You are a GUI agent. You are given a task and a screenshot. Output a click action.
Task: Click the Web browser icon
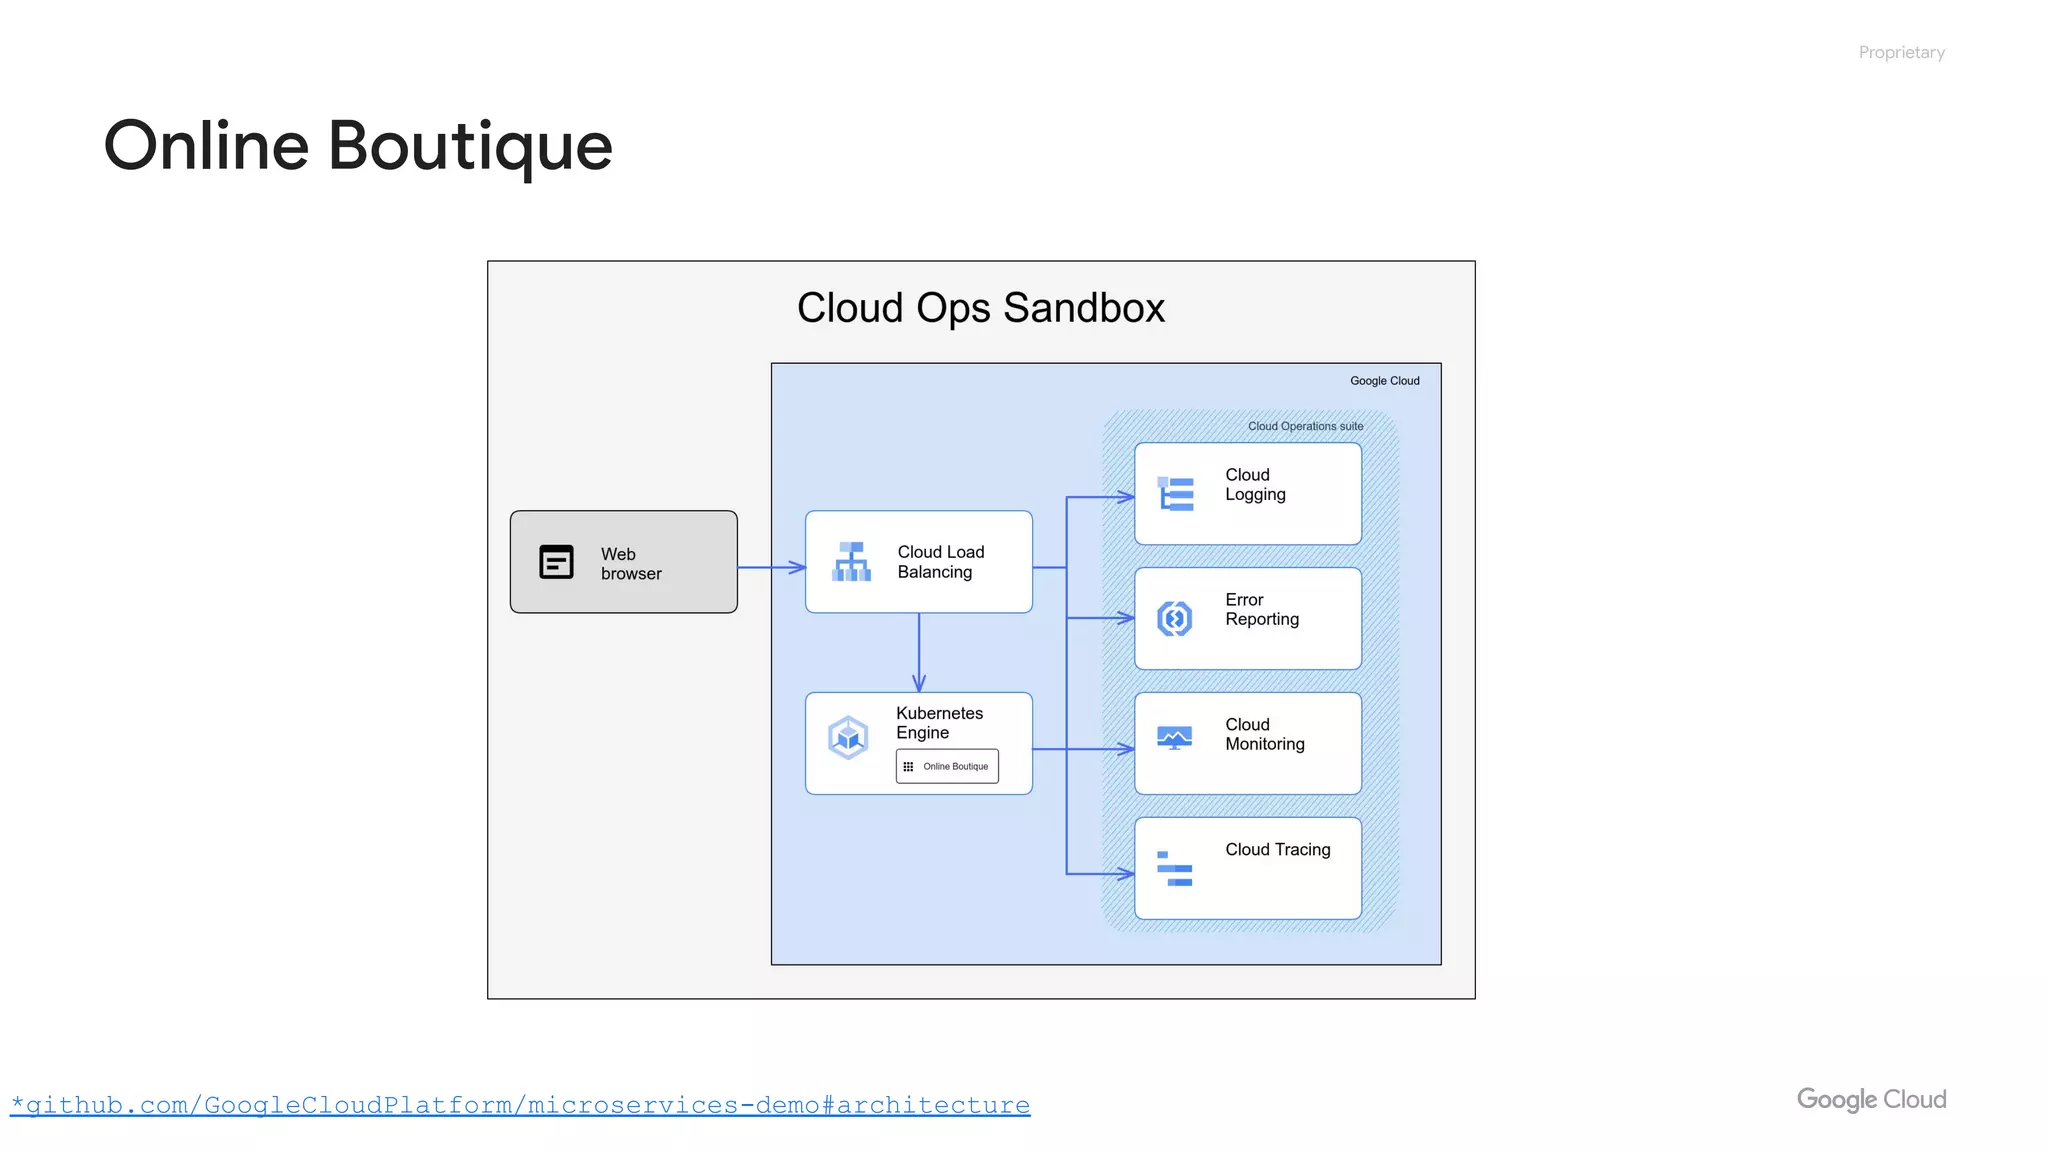coord(556,562)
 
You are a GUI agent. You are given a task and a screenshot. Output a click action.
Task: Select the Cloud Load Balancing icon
coord(851,562)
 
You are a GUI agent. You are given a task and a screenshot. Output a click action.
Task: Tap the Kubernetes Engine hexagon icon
coord(848,739)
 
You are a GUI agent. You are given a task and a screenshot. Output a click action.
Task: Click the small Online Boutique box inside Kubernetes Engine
coord(947,766)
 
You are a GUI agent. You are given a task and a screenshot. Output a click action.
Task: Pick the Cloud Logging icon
coord(1175,494)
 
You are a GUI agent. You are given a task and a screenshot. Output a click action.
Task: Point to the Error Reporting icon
coord(1175,619)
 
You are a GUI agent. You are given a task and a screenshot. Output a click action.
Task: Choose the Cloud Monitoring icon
coord(1174,739)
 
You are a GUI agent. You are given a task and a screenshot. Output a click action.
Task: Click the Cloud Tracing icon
coord(1174,868)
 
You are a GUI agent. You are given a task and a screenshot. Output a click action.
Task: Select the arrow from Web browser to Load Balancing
coord(771,567)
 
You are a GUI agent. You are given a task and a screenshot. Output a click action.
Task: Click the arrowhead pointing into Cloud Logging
coord(1126,497)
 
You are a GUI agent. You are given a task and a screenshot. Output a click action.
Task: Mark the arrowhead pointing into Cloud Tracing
coord(1126,874)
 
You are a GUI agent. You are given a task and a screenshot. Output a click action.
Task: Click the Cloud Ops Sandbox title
coord(980,308)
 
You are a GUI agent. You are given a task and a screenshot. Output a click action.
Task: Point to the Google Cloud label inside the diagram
coord(1384,381)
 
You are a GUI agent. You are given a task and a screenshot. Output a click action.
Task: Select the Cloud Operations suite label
coord(1305,426)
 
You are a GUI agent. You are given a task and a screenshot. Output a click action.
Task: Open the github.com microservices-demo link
coord(520,1105)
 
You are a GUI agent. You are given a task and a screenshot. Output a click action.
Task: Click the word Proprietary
coord(1901,52)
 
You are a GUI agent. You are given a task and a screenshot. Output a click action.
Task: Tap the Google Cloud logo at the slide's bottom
coord(1871,1099)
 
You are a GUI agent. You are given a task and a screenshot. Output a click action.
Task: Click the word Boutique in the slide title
coord(470,146)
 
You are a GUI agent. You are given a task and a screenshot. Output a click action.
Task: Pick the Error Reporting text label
coord(1261,609)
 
